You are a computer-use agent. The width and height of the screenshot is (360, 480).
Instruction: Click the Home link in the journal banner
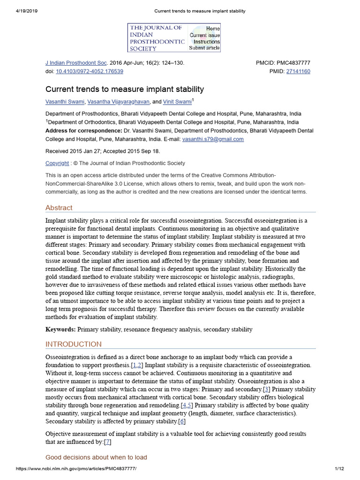point(213,29)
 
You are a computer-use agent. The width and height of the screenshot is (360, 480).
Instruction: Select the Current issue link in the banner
point(204,35)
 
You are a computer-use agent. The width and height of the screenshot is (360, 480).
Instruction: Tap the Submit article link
point(204,48)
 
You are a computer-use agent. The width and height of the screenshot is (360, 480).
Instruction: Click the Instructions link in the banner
point(206,42)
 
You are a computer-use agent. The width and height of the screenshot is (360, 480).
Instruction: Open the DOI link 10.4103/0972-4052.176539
point(90,72)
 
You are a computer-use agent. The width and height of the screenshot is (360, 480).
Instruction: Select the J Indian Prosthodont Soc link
point(76,63)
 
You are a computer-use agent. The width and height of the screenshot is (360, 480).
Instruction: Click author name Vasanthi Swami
point(65,102)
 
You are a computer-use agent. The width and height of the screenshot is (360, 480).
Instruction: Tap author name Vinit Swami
point(177,102)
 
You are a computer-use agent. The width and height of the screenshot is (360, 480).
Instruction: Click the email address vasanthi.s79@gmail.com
point(213,139)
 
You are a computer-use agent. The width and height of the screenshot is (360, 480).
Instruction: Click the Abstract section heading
point(59,208)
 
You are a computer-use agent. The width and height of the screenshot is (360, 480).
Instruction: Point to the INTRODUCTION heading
point(73,345)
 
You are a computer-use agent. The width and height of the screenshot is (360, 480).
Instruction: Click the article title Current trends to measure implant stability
point(125,89)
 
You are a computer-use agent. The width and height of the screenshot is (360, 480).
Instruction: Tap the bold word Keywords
point(60,330)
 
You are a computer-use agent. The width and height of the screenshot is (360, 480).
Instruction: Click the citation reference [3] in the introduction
point(267,390)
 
